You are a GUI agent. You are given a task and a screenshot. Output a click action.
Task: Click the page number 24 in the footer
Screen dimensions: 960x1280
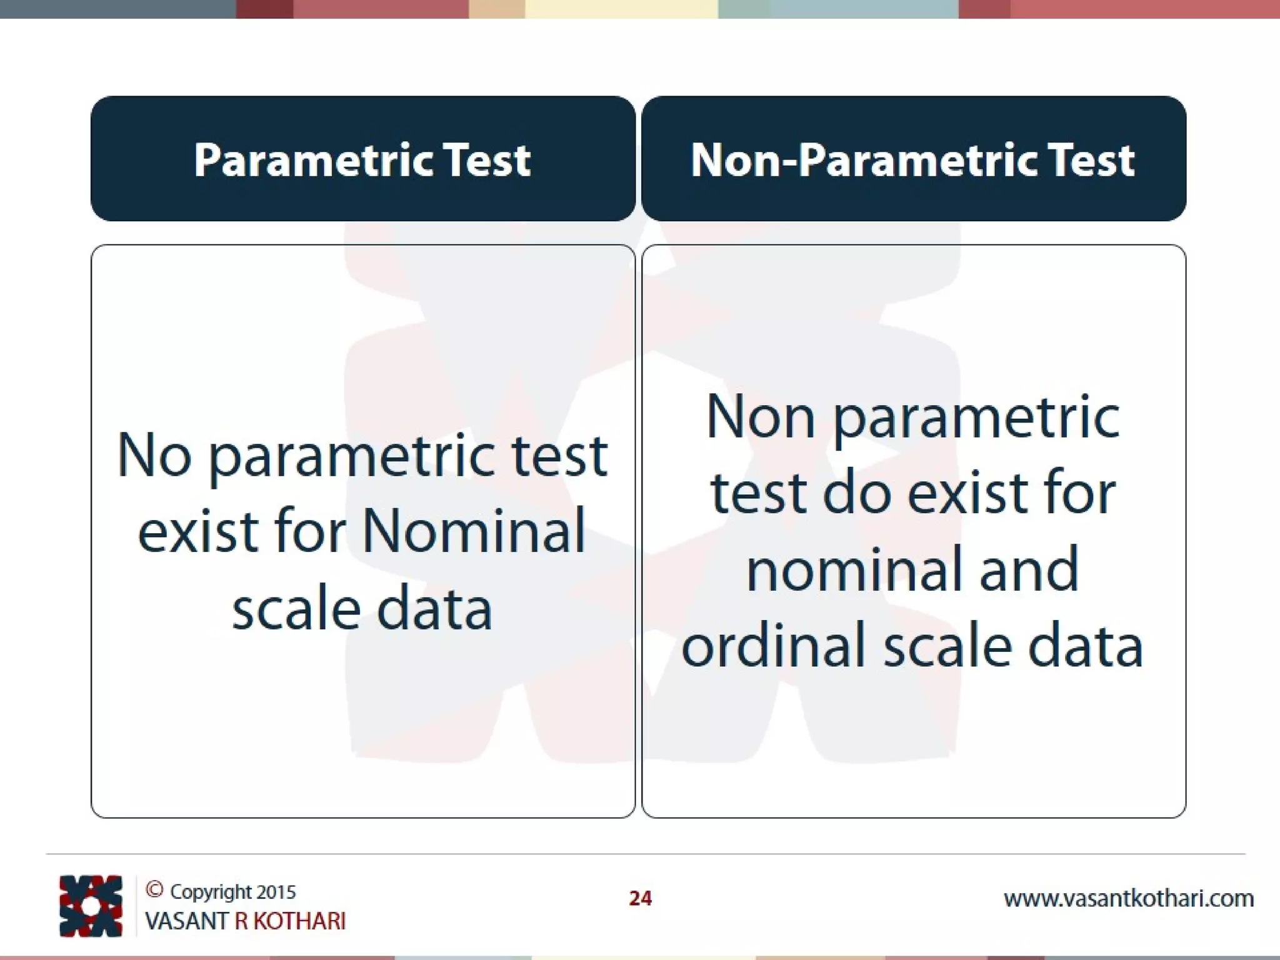[x=640, y=898]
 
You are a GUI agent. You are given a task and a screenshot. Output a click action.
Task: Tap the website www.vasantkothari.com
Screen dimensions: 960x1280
[x=1128, y=899]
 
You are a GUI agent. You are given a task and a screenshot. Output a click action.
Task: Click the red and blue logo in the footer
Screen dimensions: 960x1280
[x=91, y=906]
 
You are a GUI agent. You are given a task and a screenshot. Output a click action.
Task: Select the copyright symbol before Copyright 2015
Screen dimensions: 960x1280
[x=154, y=889]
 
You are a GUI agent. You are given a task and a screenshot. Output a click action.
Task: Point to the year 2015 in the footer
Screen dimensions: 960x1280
[x=276, y=892]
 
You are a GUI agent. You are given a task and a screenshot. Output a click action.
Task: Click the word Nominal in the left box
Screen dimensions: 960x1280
[x=474, y=531]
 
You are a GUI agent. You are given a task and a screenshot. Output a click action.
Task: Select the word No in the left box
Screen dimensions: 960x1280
[x=154, y=455]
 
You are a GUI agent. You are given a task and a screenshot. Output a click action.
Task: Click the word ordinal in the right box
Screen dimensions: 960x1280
[x=776, y=646]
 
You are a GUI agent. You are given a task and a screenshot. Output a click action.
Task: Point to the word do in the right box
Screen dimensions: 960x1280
[x=856, y=493]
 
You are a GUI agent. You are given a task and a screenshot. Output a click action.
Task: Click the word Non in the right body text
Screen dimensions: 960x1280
[x=760, y=417]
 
